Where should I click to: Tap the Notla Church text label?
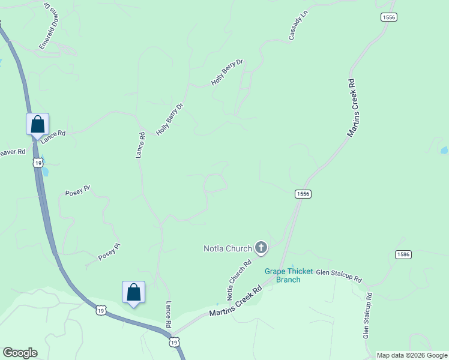(228, 247)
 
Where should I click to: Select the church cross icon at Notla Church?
(261, 247)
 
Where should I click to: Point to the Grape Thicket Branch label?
(289, 275)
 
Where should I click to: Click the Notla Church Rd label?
(238, 280)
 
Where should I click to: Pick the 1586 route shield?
(403, 255)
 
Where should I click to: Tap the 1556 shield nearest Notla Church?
(303, 194)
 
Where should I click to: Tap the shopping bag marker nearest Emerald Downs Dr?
(37, 124)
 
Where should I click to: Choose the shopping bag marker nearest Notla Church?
(133, 293)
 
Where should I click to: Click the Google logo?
(20, 353)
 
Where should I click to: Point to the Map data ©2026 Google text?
(412, 355)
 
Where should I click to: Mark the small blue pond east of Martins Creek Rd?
(444, 151)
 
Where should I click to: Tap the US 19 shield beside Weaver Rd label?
(38, 163)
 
